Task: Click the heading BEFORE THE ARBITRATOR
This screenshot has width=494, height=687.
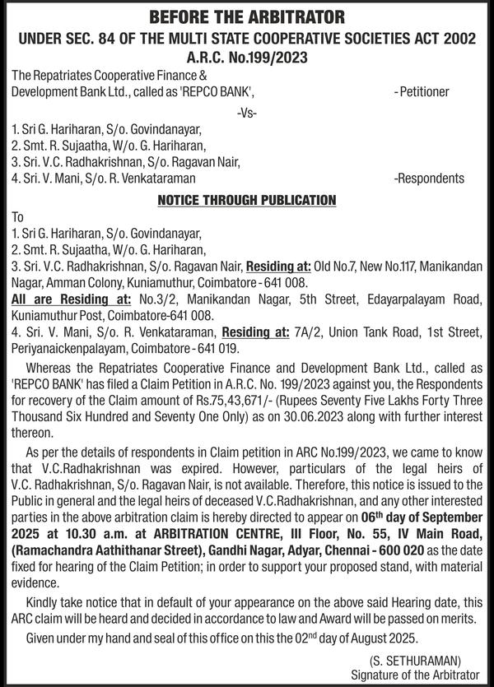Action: pyautogui.click(x=247, y=17)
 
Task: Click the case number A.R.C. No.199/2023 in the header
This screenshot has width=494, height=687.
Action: pyautogui.click(x=247, y=56)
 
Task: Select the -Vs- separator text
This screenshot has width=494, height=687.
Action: pyautogui.click(x=247, y=112)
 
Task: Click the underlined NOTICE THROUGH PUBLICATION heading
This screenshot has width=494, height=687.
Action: pyautogui.click(x=247, y=200)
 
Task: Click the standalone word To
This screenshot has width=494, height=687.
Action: pyautogui.click(x=18, y=217)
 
